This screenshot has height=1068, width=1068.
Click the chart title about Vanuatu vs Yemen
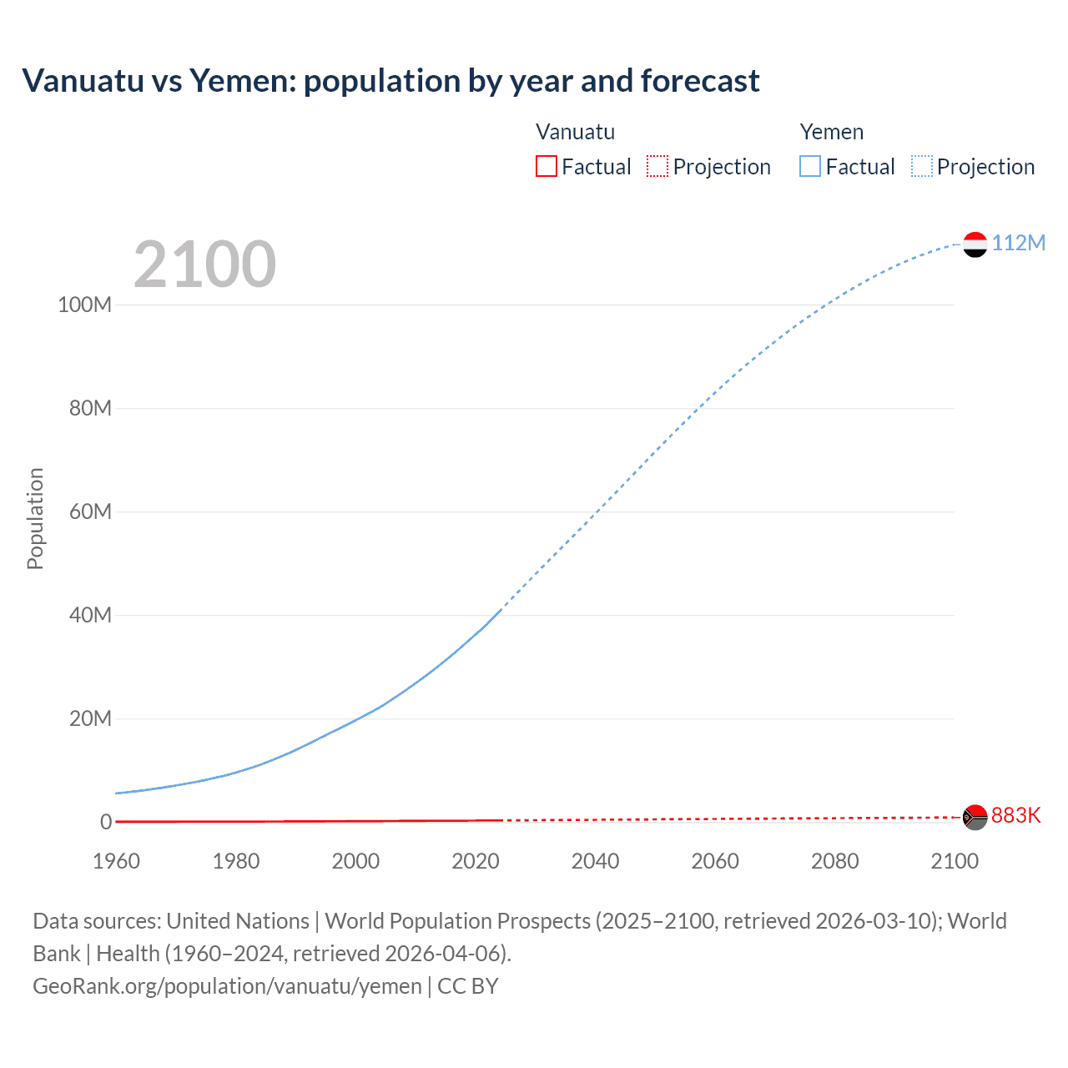(x=390, y=81)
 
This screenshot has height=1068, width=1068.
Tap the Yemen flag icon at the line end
(x=975, y=244)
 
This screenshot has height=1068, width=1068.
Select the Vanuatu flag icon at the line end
(x=975, y=817)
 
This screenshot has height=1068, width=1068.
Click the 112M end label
(x=1018, y=243)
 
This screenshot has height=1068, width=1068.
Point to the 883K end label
(x=1015, y=815)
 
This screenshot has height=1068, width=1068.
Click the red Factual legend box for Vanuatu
(x=547, y=167)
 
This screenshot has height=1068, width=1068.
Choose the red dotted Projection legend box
(x=657, y=167)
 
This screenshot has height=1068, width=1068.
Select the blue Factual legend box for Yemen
(x=810, y=167)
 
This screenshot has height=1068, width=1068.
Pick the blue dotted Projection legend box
(x=921, y=167)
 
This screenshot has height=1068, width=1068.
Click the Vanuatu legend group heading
(x=575, y=132)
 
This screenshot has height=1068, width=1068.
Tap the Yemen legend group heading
(x=831, y=132)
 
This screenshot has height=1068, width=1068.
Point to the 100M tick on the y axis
(x=84, y=305)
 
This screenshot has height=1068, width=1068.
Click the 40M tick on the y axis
(x=90, y=615)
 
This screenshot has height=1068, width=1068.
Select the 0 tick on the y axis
(x=106, y=822)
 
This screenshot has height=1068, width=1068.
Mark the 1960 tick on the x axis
(x=116, y=861)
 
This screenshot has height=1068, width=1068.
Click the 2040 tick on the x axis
(x=595, y=861)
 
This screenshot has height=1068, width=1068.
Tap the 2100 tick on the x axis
(x=955, y=861)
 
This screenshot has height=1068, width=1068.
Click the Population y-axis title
(x=35, y=518)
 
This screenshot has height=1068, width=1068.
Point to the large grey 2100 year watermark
(x=204, y=264)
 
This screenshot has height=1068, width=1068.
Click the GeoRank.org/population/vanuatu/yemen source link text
(x=227, y=986)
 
